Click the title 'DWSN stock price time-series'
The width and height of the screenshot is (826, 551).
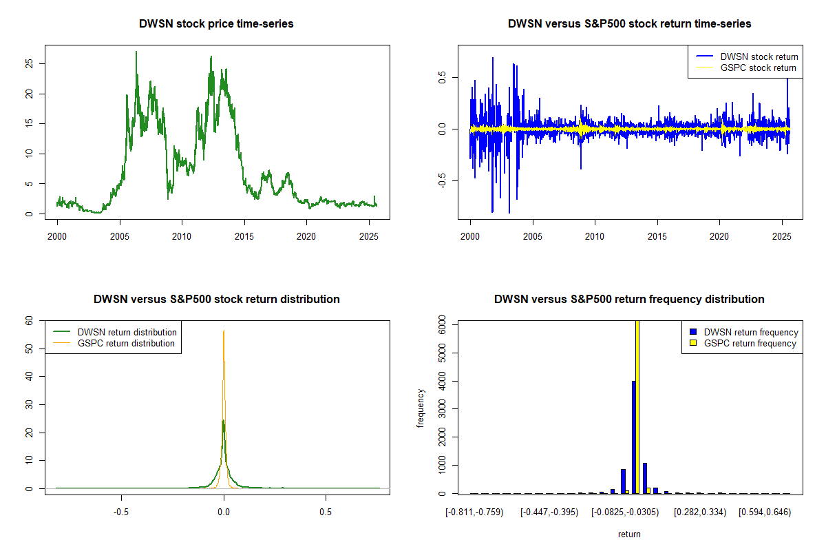tap(216, 24)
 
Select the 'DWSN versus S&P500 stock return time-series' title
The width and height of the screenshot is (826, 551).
tap(629, 24)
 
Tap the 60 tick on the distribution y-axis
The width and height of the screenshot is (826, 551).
tap(29, 320)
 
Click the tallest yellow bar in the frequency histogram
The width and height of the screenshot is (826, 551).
tap(637, 406)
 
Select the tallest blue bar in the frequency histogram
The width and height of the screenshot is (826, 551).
tap(633, 437)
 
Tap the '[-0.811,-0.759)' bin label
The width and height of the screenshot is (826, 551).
tap(474, 512)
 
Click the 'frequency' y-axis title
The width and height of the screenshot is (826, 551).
tap(421, 407)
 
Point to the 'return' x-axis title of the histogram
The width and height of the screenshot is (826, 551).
tap(629, 534)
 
